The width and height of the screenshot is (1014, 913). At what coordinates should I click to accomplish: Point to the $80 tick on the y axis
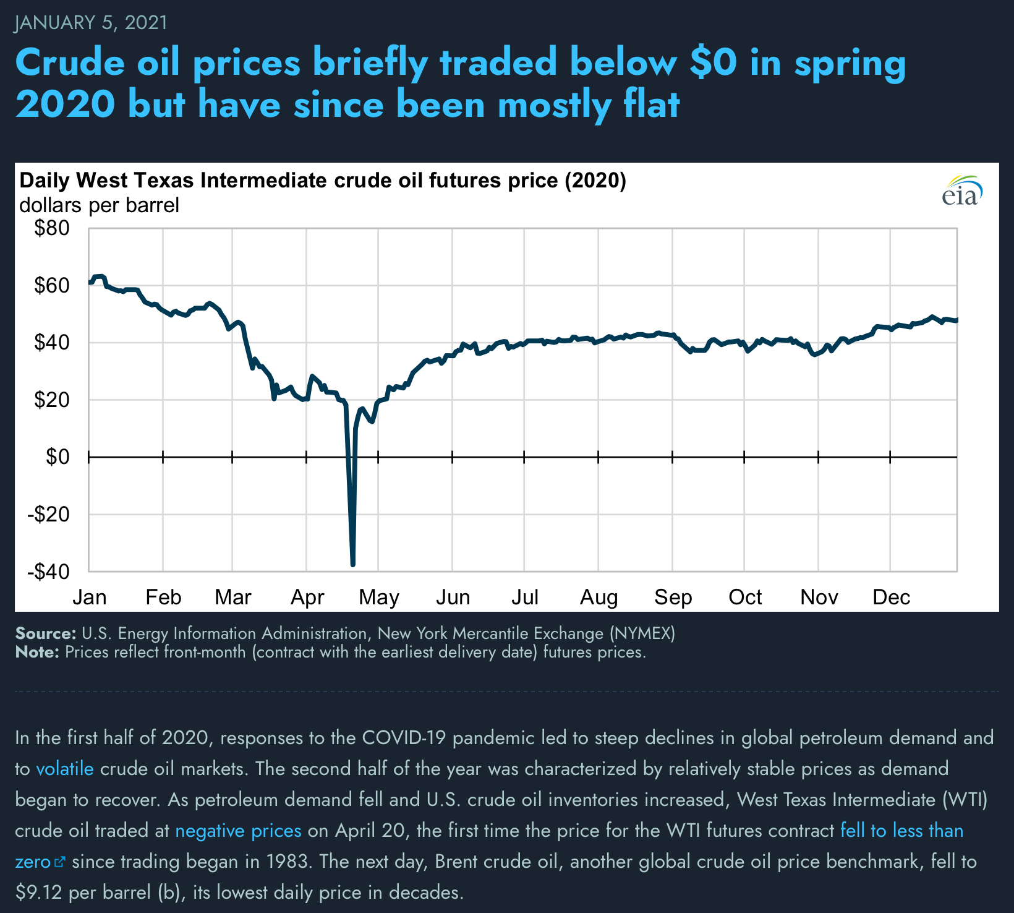52,229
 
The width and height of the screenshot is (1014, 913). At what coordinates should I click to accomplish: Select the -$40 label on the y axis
48,572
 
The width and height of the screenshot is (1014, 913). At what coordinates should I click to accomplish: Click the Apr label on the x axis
307,598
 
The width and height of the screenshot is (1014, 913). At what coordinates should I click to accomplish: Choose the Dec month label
891,598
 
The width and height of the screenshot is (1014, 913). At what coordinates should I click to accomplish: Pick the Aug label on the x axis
599,598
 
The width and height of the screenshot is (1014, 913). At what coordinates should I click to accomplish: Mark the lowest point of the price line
352,564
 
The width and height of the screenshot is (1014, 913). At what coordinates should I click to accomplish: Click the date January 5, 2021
91,23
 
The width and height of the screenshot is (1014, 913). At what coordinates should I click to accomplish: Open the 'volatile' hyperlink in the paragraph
65,769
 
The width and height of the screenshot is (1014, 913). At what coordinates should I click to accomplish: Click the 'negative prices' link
238,831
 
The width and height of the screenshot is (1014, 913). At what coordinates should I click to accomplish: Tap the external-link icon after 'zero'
60,862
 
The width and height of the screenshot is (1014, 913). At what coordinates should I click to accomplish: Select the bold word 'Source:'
45,633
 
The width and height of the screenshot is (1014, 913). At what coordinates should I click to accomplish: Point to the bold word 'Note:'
37,652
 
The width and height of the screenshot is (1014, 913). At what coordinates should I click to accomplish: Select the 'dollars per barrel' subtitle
99,205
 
